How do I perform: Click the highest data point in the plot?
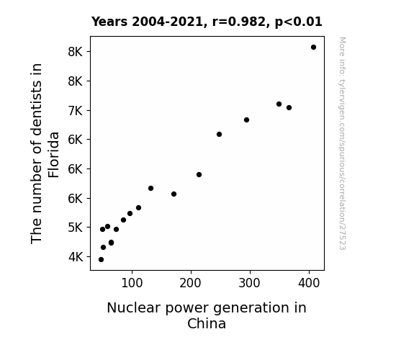pos(313,48)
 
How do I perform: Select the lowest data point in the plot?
pos(101,260)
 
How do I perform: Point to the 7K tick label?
pos(76,111)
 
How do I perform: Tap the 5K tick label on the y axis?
pos(76,228)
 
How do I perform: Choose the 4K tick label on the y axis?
pos(76,257)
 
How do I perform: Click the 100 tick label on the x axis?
pos(132,283)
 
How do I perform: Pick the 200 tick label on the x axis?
pos(190,283)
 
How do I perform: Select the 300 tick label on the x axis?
pos(250,283)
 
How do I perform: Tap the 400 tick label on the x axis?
pos(309,283)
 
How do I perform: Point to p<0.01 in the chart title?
pos(299,22)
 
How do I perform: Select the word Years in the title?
pos(109,22)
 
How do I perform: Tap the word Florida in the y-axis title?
pos(53,155)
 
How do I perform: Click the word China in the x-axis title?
pos(207,323)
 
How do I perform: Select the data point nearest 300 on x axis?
pos(246,120)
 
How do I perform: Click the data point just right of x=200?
pos(199,174)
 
